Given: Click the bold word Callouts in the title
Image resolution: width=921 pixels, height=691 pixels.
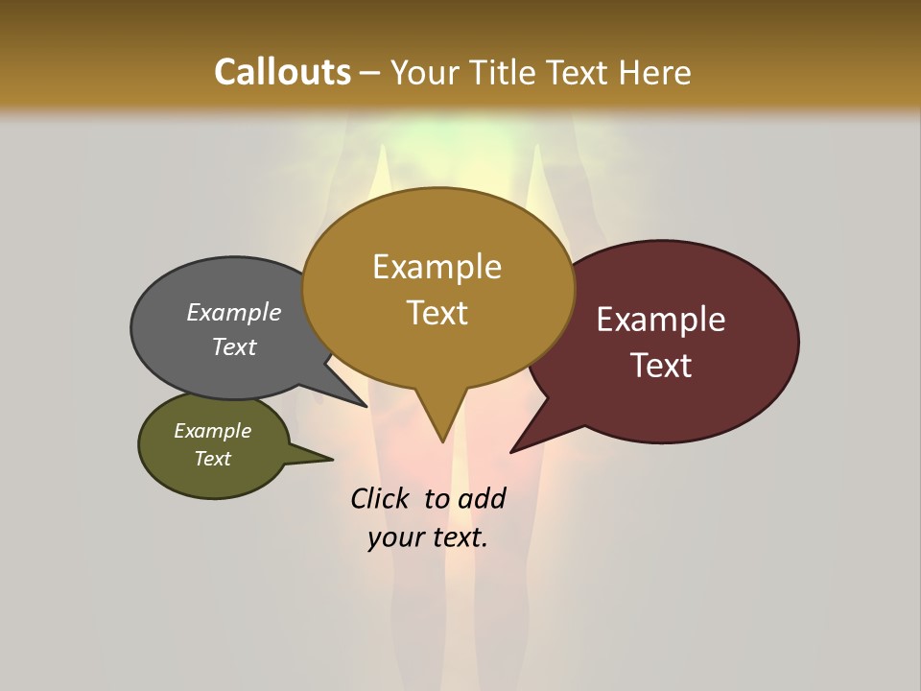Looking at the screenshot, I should pos(283,72).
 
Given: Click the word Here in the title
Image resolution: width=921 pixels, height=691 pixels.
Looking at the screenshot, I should pos(654,72).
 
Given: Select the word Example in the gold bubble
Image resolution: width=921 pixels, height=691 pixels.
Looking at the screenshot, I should pos(437,267).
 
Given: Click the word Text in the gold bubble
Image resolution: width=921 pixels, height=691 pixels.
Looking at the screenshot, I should pos(437,312).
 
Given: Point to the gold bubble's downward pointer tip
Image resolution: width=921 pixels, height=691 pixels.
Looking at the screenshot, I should pos(442,441).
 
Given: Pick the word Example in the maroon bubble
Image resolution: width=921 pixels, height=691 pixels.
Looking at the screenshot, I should pos(661,320).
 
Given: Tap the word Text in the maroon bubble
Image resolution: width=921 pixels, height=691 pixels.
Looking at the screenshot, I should pos(661,365).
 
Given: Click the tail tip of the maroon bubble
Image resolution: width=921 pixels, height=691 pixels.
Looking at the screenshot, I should pos(512,451).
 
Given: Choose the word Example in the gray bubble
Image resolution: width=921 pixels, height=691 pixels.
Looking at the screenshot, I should pos(234,312).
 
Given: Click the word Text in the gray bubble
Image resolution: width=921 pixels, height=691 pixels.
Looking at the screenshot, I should pos(234,346).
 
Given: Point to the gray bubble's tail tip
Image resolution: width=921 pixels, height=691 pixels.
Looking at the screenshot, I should pos(366,406).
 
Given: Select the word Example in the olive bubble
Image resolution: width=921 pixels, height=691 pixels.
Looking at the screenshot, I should pos(213,431).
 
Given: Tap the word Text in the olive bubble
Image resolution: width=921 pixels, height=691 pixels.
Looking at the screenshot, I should pos(213,459).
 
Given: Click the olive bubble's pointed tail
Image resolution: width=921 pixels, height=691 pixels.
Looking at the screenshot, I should pos(331,459).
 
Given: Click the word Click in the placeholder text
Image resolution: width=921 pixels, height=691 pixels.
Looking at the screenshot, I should pos(381,498).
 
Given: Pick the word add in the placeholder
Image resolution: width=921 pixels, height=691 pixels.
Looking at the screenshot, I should pos(481,498).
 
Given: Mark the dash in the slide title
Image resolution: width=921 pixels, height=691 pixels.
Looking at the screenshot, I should pos(370,73).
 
